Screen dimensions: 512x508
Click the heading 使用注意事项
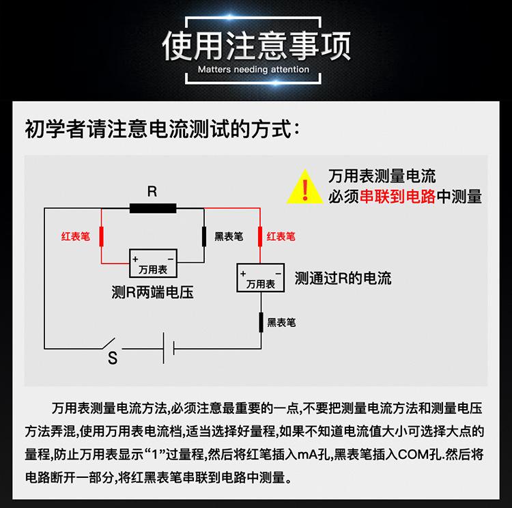click(x=256, y=45)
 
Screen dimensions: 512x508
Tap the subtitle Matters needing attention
click(x=256, y=70)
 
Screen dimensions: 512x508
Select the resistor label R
click(x=152, y=192)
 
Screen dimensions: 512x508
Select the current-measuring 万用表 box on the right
click(x=259, y=278)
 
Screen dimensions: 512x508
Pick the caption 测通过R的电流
click(x=343, y=279)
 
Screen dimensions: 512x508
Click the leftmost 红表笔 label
click(x=75, y=237)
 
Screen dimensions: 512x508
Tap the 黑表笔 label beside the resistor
click(x=228, y=237)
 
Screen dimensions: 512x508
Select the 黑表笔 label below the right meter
click(x=282, y=322)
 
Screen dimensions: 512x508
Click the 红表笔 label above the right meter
click(x=281, y=237)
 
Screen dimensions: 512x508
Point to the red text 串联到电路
click(x=397, y=197)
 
